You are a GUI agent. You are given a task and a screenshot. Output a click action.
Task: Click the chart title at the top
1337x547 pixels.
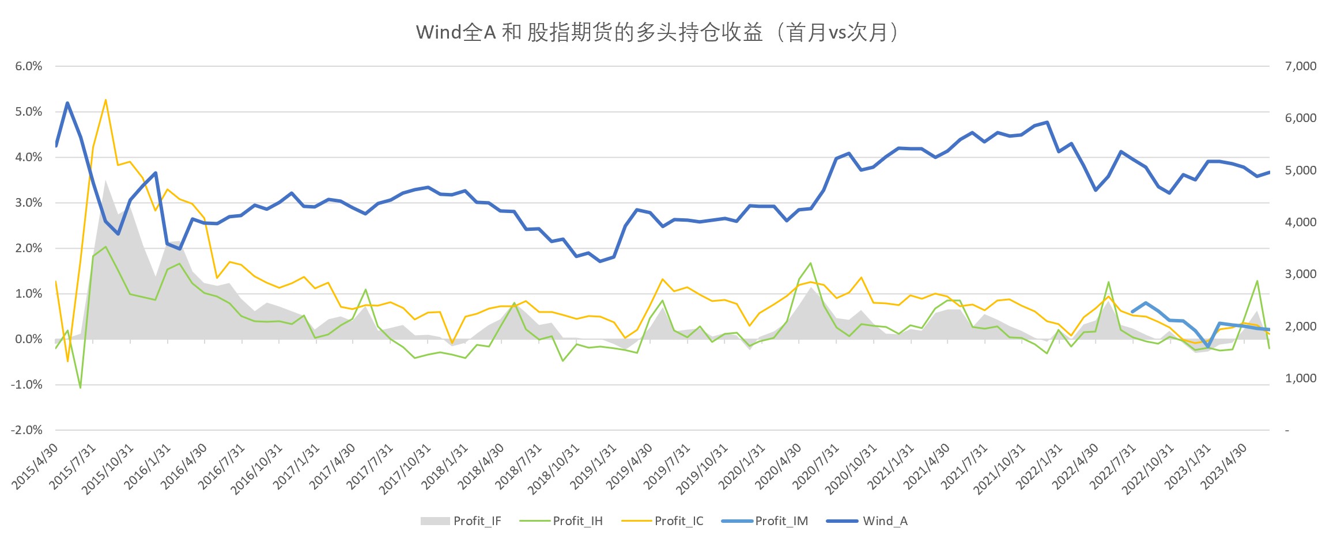[657, 32]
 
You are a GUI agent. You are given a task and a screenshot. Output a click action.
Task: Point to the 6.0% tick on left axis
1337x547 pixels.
[29, 66]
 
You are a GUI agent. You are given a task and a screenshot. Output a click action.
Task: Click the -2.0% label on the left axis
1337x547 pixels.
[27, 430]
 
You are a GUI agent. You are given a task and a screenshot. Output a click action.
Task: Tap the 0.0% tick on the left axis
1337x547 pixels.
[29, 339]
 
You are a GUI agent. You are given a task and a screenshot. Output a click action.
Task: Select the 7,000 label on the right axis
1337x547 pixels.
[1301, 66]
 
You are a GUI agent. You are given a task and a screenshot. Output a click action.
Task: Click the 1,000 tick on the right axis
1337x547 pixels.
[1301, 378]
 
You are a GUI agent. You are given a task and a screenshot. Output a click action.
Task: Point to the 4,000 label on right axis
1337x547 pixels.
[1301, 222]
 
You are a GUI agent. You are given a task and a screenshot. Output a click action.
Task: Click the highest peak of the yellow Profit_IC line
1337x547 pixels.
[105, 100]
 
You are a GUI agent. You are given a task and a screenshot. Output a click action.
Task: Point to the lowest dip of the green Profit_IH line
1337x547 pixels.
[80, 388]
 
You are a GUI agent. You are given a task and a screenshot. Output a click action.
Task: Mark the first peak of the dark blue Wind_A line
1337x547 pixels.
[67, 103]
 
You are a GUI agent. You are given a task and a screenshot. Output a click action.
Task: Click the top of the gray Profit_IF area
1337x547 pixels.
[105, 180]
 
